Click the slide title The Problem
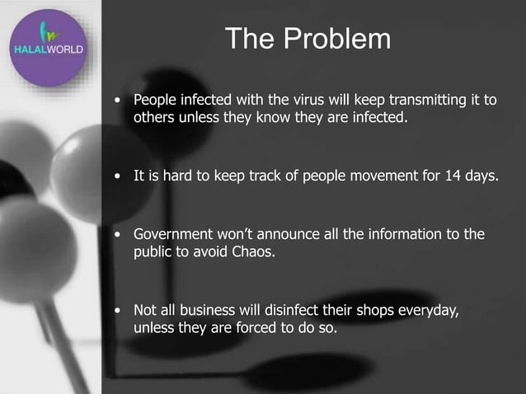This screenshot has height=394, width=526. tap(307, 39)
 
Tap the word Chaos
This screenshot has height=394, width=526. tap(249, 252)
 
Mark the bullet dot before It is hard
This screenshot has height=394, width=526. tap(120, 177)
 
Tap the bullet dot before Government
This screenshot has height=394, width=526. tap(120, 235)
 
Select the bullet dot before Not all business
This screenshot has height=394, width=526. tap(120, 311)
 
